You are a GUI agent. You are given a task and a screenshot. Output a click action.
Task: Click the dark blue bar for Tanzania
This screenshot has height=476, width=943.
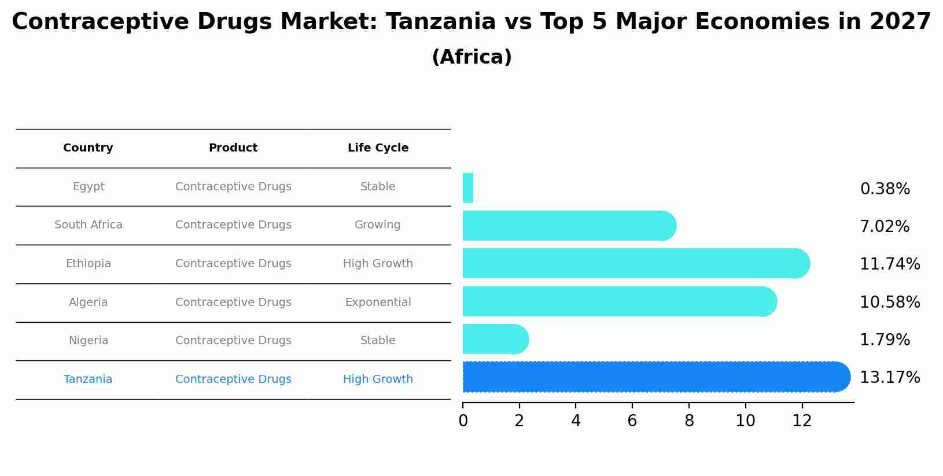pos(654,377)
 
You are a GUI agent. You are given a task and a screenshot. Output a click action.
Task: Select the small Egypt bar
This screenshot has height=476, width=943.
pos(468,188)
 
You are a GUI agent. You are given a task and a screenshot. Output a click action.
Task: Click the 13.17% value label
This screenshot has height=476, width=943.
pos(889,378)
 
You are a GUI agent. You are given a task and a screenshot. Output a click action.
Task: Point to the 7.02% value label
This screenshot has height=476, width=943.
pos(884,227)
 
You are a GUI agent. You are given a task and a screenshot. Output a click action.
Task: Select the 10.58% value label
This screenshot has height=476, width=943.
pos(889,302)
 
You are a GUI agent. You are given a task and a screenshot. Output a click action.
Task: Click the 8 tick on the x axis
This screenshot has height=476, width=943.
pos(688,421)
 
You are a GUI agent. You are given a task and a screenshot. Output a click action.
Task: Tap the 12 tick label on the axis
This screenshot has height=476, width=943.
pos(802,421)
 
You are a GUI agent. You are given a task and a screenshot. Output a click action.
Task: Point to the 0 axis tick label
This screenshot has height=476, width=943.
pos(463,421)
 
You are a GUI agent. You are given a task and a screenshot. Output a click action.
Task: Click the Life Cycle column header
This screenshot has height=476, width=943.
pos(378,148)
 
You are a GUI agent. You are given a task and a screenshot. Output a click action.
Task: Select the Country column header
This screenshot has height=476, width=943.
pos(88,148)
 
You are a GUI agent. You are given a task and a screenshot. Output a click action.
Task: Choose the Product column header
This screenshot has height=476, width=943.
pos(233,148)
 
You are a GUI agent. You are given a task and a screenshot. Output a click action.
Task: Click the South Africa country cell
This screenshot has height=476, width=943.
pos(89,225)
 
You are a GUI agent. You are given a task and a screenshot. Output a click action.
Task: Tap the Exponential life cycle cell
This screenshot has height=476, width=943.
pos(378,302)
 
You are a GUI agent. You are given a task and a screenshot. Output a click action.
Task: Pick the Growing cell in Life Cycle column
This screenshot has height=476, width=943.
pos(377,225)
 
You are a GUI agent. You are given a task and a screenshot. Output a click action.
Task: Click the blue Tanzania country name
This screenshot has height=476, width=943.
pos(88,379)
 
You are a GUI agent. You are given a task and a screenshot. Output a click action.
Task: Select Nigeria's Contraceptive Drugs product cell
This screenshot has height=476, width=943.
pos(233,341)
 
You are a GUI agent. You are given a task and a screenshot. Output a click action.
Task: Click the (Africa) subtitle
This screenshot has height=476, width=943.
pos(471,57)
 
